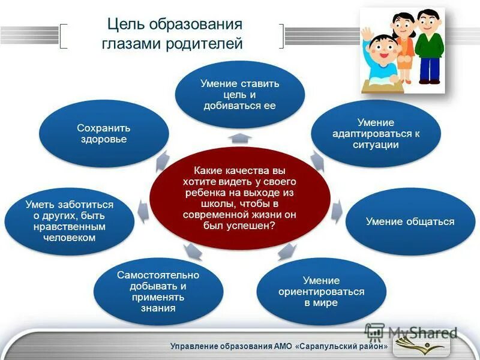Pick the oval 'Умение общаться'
pyautogui.click(x=410, y=221)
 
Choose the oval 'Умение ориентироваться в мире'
pyautogui.click(x=321, y=292)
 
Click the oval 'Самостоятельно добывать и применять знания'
pyautogui.click(x=158, y=292)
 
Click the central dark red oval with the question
pyautogui.click(x=240, y=197)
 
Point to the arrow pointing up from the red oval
pyautogui.click(x=240, y=138)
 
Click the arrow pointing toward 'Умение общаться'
pyautogui.click(x=337, y=208)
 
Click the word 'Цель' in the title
pyautogui.click(x=122, y=25)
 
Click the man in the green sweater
pyautogui.click(x=428, y=45)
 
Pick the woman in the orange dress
pyautogui.click(x=403, y=45)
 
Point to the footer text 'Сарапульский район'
pyautogui.click(x=347, y=347)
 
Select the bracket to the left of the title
pyautogui.click(x=64, y=36)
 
